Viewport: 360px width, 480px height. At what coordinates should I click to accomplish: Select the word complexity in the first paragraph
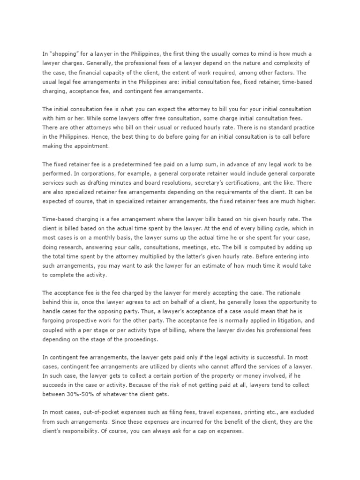click(282, 63)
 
